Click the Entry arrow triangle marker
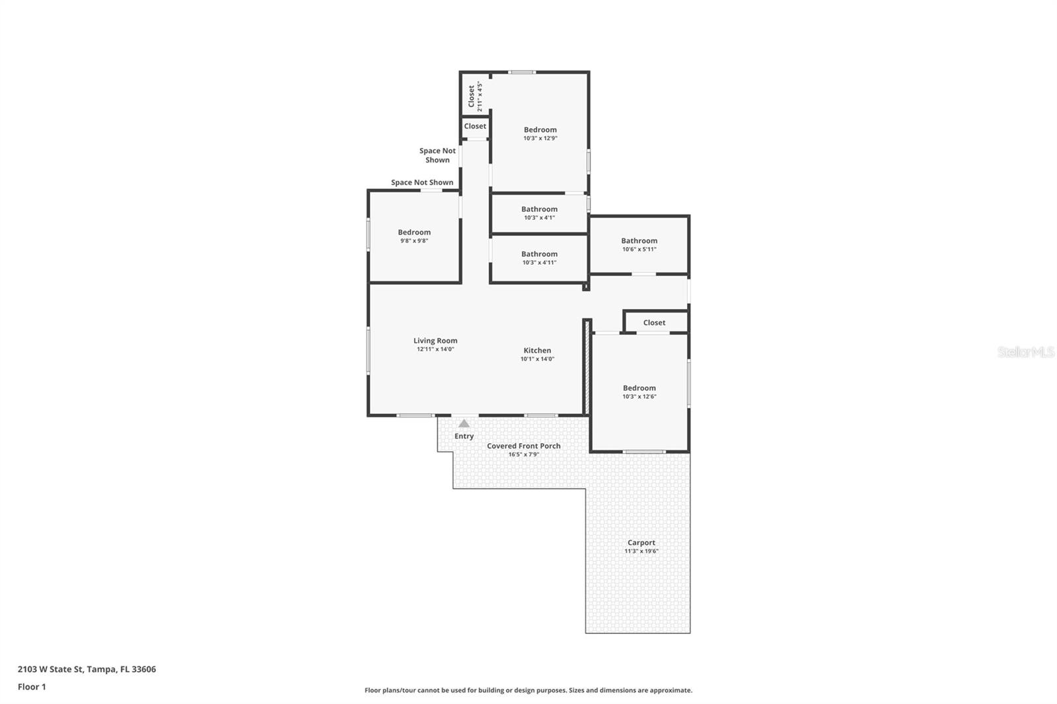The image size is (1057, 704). (464, 424)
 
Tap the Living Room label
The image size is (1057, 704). (435, 341)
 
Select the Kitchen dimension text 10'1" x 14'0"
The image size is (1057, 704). (537, 359)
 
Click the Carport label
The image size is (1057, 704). (641, 543)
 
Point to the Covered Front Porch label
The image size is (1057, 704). (523, 446)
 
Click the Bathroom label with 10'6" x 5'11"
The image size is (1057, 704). (639, 241)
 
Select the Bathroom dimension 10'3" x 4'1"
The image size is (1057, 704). (539, 218)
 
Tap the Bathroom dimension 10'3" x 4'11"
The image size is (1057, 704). (539, 263)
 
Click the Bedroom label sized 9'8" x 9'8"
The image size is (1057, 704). (414, 232)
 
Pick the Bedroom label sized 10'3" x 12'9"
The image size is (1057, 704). (540, 130)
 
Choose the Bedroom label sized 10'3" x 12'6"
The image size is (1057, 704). (639, 388)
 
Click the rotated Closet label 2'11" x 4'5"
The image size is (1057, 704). (472, 96)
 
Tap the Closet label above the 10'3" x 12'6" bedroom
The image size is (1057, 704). (654, 323)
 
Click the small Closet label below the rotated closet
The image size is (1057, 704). (475, 126)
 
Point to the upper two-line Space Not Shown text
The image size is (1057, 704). (437, 155)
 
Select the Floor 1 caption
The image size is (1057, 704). (32, 687)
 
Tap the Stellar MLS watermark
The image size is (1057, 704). (1025, 353)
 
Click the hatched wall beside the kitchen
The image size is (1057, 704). (586, 367)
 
